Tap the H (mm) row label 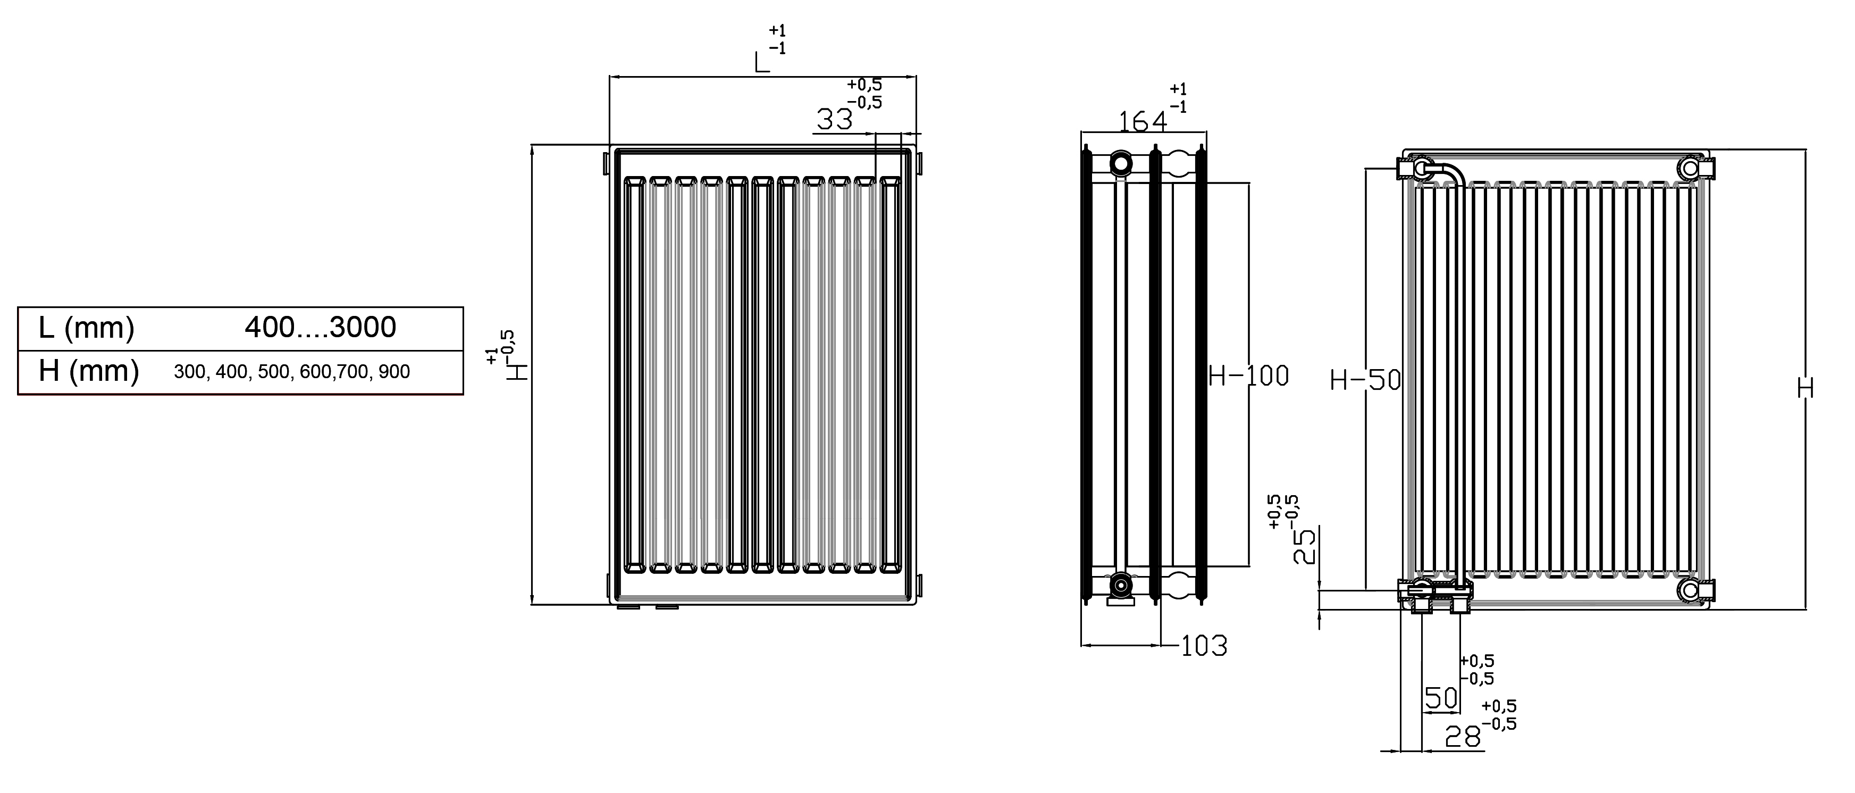89,372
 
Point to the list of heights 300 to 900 292,372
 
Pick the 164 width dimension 1142,122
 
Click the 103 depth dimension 1204,646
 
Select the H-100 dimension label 1248,376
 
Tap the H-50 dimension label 1365,380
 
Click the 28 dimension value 1463,737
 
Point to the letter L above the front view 762,63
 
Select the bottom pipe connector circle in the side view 1120,585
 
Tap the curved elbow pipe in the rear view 1446,174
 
